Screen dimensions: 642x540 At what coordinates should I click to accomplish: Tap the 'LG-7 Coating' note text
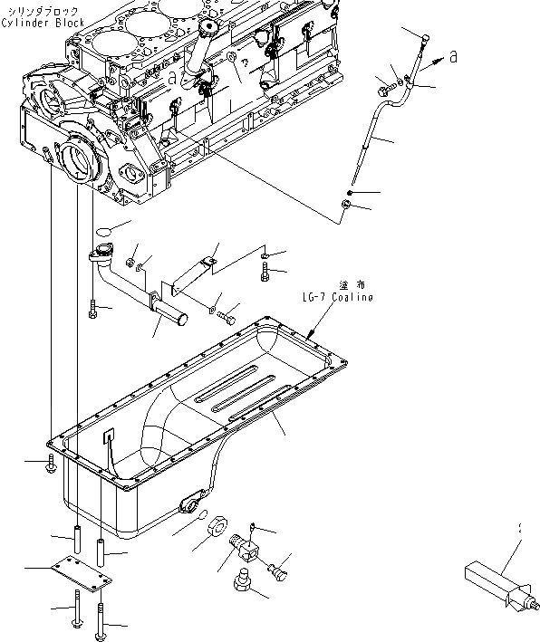(x=337, y=297)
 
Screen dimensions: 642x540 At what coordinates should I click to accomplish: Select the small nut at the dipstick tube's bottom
(x=345, y=210)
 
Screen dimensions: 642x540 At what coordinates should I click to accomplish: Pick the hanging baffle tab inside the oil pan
(x=108, y=444)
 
